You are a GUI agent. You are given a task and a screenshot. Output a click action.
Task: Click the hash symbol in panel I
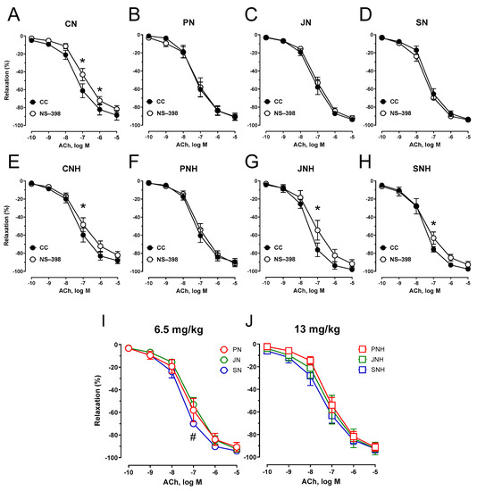[x=192, y=436]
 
